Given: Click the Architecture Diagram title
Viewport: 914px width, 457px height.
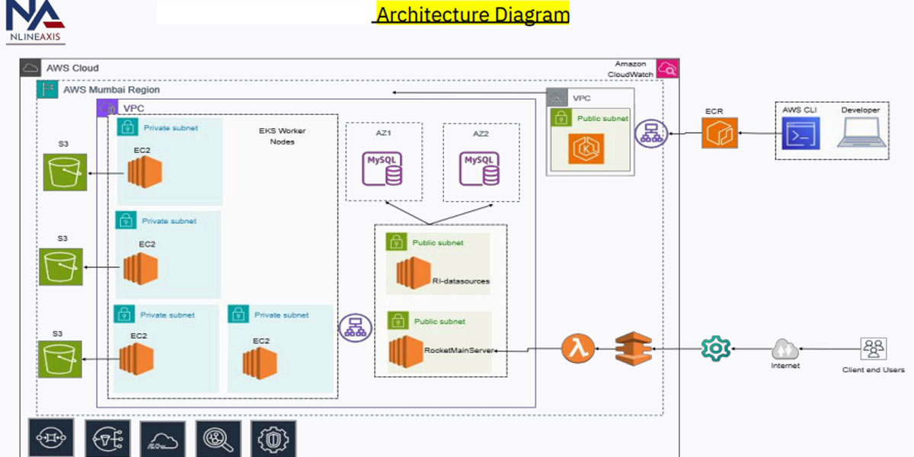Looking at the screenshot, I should tap(472, 14).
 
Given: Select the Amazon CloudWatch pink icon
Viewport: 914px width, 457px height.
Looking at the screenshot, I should tap(668, 69).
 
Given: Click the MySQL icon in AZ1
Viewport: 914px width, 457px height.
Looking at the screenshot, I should tap(383, 168).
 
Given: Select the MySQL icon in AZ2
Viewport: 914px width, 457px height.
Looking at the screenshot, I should tap(481, 168).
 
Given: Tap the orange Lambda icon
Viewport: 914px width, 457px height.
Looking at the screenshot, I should tap(578, 349).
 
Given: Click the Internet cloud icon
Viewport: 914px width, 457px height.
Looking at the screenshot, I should tap(785, 350).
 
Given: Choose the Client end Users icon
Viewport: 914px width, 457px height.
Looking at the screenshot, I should tap(873, 349).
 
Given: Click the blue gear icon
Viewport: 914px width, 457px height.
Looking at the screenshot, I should tap(716, 349).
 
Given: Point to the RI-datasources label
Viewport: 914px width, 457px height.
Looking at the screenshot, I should tap(461, 281).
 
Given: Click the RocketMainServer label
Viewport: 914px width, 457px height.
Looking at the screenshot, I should tap(459, 350).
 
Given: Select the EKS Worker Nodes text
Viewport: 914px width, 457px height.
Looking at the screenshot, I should tap(282, 136).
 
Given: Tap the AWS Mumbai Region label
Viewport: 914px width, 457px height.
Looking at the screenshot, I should tap(111, 90).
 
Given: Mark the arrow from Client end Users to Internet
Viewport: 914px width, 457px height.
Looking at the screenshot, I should tap(827, 350).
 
